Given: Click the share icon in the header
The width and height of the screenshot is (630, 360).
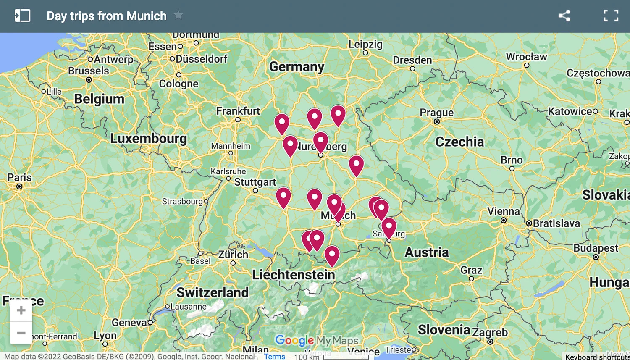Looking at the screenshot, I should tap(564, 16).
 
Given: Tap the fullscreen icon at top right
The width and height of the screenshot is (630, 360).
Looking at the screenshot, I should tap(611, 16).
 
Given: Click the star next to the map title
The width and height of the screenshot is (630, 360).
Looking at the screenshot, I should tap(178, 16).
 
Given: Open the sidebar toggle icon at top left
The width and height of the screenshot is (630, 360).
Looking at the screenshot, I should tap(22, 16).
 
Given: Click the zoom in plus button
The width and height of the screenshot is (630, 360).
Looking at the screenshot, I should tap(21, 311).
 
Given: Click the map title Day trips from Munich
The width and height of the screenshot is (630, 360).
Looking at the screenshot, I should tap(106, 16).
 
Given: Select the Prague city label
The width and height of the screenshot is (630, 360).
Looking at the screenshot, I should tap(436, 113).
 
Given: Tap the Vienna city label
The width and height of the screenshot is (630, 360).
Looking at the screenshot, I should tap(503, 211).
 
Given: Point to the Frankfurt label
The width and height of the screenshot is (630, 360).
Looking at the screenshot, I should tap(238, 111).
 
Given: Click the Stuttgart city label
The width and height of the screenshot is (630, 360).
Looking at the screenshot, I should tap(255, 182).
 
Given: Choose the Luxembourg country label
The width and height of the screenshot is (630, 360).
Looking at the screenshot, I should tap(148, 138).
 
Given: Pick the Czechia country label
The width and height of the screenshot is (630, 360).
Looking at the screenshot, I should tap(459, 142).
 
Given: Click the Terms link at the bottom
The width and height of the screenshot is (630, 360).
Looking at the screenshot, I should tap(275, 356).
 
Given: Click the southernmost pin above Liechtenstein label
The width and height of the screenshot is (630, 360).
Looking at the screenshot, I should tap(332, 255).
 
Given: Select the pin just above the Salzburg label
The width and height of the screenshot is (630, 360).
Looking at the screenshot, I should tap(389, 227).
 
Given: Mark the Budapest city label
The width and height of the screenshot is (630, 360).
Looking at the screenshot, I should tap(596, 248).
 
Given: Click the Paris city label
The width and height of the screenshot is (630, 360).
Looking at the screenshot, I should tap(19, 177).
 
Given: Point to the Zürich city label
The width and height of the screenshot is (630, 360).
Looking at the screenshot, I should tap(233, 255).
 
